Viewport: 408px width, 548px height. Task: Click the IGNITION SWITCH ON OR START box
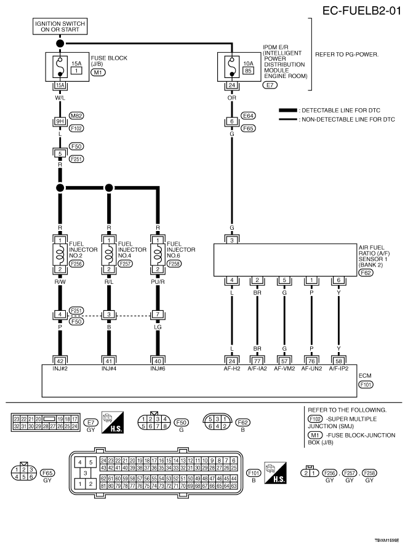click(x=60, y=26)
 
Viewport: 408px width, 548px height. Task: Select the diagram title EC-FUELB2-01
click(x=362, y=10)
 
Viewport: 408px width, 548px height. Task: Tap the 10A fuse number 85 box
click(x=248, y=70)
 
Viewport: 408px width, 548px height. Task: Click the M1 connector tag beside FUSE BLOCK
click(x=98, y=72)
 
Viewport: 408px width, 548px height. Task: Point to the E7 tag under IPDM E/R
click(x=270, y=85)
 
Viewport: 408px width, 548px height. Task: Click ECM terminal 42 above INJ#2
click(x=60, y=361)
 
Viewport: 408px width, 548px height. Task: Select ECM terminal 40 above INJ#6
click(x=158, y=361)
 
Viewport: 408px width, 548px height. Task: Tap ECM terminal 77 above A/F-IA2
click(x=257, y=361)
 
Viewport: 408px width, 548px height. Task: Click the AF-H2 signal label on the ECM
click(x=232, y=369)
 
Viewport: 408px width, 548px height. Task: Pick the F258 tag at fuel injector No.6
click(x=174, y=264)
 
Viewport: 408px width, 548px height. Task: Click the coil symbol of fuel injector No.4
click(x=109, y=254)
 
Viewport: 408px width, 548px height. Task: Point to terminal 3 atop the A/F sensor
click(x=232, y=240)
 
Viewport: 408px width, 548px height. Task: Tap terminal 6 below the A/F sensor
click(x=338, y=280)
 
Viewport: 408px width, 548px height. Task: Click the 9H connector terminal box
click(x=60, y=121)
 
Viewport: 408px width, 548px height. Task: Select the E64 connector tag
click(x=248, y=115)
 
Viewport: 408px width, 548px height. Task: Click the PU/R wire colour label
click(x=158, y=282)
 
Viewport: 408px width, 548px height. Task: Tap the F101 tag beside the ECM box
click(x=366, y=385)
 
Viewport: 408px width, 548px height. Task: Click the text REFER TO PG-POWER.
click(x=346, y=55)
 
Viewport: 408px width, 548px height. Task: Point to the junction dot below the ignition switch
click(x=60, y=44)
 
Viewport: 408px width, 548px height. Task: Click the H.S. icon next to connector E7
click(x=113, y=423)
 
